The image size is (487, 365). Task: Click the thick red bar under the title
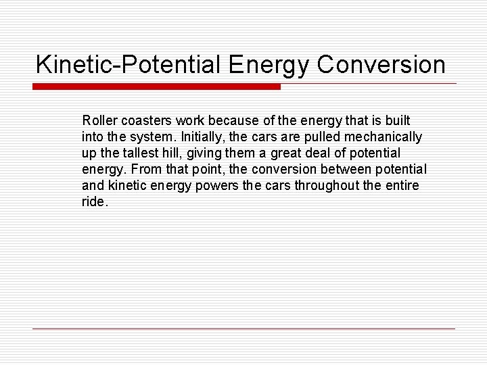coord(156,87)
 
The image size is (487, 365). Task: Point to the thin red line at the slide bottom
coord(243,328)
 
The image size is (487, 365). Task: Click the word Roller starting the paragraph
coord(99,120)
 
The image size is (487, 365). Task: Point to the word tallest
coord(145,153)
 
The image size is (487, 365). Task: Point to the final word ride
coord(93,201)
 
